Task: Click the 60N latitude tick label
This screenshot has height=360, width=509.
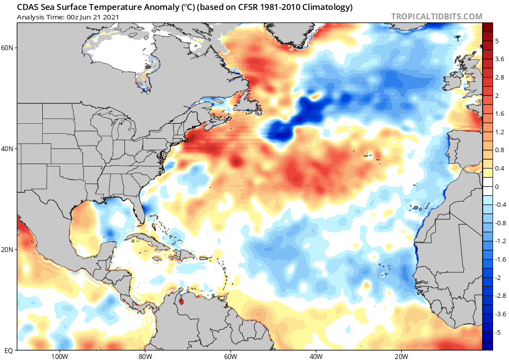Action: [8, 48]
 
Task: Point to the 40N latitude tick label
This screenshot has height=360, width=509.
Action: [8, 149]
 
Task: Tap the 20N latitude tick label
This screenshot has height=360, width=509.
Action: [8, 250]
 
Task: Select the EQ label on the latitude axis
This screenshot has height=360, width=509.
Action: [9, 350]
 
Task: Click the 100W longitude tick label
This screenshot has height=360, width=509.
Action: [59, 356]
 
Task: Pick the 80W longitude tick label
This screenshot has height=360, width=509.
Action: [145, 356]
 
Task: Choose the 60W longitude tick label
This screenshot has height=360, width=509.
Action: [230, 356]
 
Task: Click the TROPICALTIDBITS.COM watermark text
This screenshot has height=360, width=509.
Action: [436, 16]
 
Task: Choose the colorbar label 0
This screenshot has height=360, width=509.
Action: [497, 186]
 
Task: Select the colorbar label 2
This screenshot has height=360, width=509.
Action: [497, 95]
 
